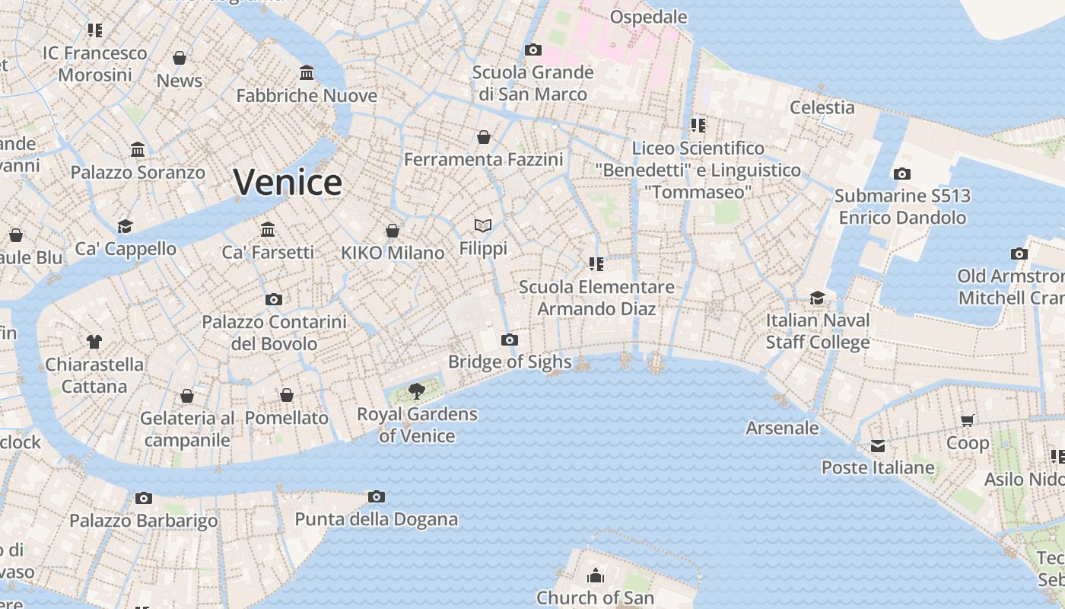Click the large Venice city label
point(288,183)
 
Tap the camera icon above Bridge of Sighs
point(510,340)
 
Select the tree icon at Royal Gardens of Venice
point(416,391)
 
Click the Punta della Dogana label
point(376,520)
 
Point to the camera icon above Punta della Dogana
point(376,497)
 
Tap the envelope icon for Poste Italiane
point(878,445)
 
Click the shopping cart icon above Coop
point(968,420)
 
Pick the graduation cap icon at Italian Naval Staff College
point(817,298)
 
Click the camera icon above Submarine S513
point(902,174)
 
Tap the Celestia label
point(822,107)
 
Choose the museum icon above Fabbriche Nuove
point(307,73)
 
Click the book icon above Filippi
point(483,225)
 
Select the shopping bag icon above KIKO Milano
point(393,231)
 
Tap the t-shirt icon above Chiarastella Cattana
point(94,342)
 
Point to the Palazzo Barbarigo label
point(144,521)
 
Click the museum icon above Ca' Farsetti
point(268,229)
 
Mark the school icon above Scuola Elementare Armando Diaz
point(596,264)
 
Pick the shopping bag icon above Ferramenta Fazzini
point(484,137)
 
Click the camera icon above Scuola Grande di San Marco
point(533,50)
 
